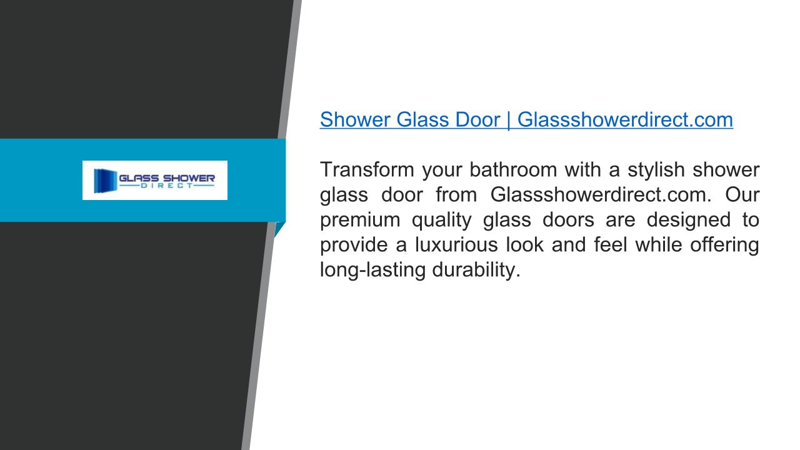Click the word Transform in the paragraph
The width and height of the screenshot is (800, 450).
point(367,169)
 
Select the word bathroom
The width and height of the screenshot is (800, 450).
point(513,169)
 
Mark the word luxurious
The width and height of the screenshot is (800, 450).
point(456,245)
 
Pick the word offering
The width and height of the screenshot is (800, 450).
point(724,246)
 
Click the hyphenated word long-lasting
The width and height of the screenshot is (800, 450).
point(372,271)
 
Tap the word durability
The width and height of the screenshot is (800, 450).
point(476,271)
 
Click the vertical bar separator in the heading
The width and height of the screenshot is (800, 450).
point(509,121)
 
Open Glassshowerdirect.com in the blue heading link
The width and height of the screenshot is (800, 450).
point(625,119)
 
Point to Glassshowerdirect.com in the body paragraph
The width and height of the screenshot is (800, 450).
point(601,195)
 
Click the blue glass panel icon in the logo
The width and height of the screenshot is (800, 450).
point(105,181)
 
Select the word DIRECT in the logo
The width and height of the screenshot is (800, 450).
point(167,186)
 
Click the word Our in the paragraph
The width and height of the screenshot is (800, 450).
point(742,195)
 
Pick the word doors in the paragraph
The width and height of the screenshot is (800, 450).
point(568,220)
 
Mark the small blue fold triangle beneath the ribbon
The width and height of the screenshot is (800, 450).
point(279,229)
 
